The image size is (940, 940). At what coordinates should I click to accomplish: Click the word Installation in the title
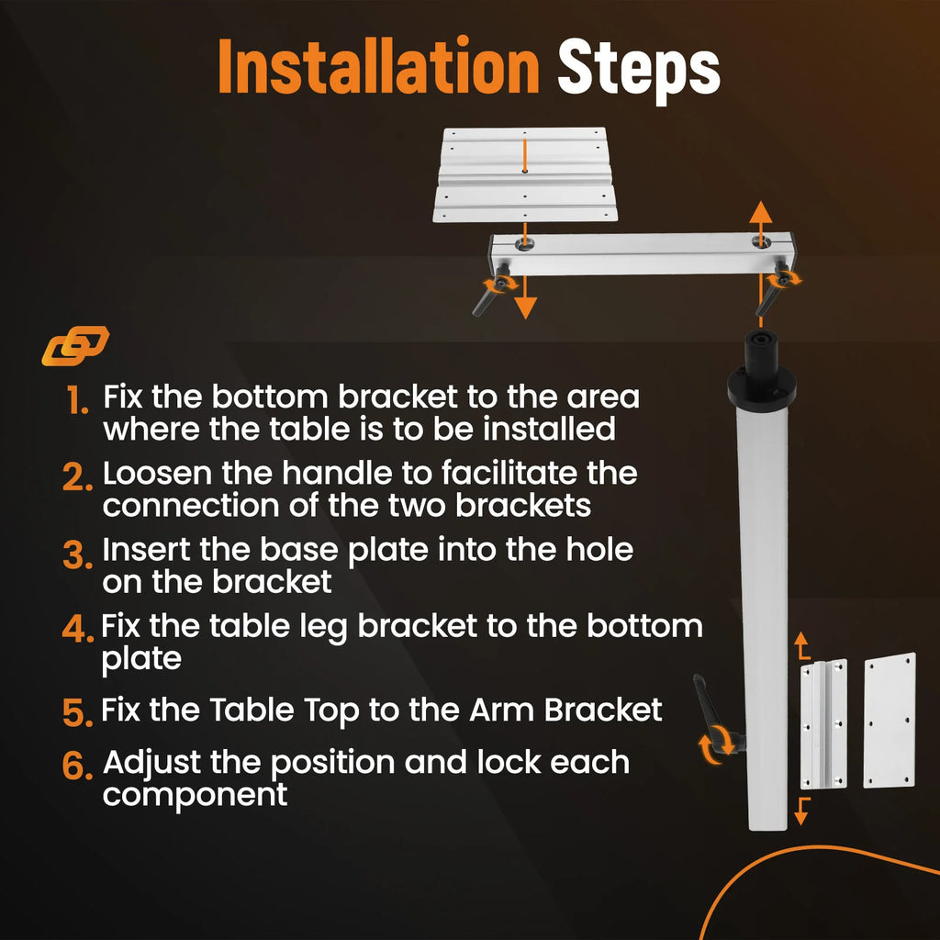pos(378,66)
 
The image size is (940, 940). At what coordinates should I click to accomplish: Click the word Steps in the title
pos(639,71)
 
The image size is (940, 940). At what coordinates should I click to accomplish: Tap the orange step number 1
pos(77,400)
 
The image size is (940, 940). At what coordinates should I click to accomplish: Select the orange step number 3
pos(77,554)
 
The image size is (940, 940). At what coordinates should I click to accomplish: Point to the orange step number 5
pos(77,712)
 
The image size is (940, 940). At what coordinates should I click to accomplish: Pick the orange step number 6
pos(77,766)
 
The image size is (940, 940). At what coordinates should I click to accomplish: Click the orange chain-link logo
pos(75,345)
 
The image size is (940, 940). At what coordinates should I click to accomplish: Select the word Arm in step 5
pos(502,711)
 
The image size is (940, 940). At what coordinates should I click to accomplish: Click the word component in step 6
pos(195,796)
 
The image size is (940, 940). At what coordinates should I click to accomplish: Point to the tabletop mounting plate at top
pos(525,174)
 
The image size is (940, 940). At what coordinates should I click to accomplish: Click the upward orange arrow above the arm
pos(761,223)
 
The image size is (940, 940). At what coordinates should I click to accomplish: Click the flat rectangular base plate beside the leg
pos(890,720)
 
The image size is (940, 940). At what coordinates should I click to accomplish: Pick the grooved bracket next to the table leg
pos(824,724)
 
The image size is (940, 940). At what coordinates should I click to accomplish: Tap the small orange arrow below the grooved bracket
pos(801,811)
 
